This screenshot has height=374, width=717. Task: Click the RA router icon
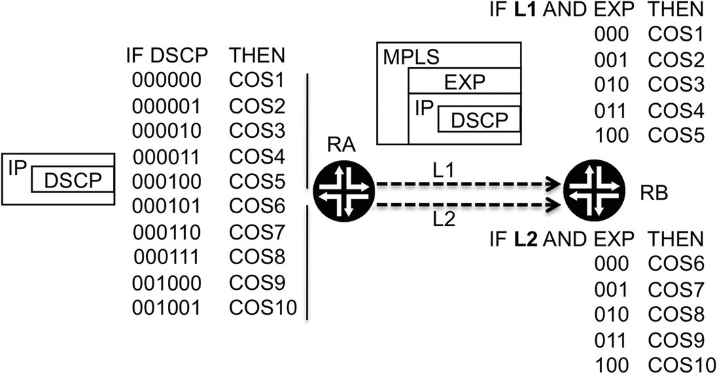pyautogui.click(x=345, y=193)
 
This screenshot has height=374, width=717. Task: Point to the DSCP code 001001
pyautogui.click(x=167, y=307)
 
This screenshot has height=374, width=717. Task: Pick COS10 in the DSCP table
pyautogui.click(x=263, y=307)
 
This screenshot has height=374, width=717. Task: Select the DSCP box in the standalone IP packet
pyautogui.click(x=72, y=182)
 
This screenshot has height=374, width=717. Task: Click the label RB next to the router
pyautogui.click(x=654, y=193)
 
